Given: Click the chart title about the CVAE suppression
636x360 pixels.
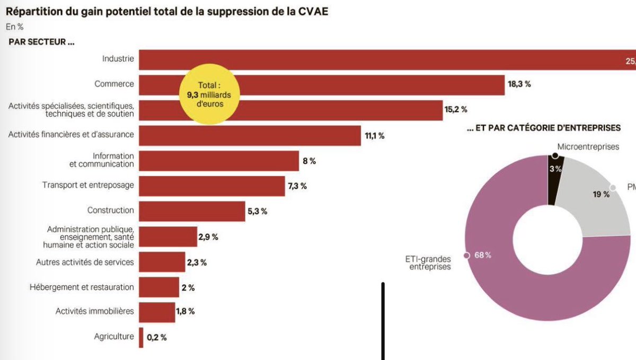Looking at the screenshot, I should pyautogui.click(x=167, y=11).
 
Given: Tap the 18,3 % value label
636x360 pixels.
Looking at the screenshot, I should pyautogui.click(x=519, y=84).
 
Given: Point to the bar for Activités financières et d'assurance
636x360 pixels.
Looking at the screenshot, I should pyautogui.click(x=250, y=135).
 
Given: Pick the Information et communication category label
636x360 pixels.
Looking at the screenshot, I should pyautogui.click(x=105, y=160).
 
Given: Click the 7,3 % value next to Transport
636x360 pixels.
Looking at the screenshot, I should pyautogui.click(x=296, y=186).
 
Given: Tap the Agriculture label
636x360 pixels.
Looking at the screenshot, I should pyautogui.click(x=114, y=336).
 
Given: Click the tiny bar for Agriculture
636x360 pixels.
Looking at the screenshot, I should pyautogui.click(x=141, y=337).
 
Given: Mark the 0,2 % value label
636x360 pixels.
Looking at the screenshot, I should pyautogui.click(x=156, y=337).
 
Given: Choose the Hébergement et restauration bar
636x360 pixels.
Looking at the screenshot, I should pyautogui.click(x=159, y=287).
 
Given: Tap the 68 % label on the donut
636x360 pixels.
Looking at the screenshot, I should pyautogui.click(x=482, y=255).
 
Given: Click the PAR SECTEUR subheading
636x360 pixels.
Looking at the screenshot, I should pyautogui.click(x=41, y=42).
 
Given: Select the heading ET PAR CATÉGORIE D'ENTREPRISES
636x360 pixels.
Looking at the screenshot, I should pyautogui.click(x=544, y=128).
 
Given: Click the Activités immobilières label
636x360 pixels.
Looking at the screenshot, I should pyautogui.click(x=95, y=311).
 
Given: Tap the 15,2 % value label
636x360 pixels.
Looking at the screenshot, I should pyautogui.click(x=456, y=110).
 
